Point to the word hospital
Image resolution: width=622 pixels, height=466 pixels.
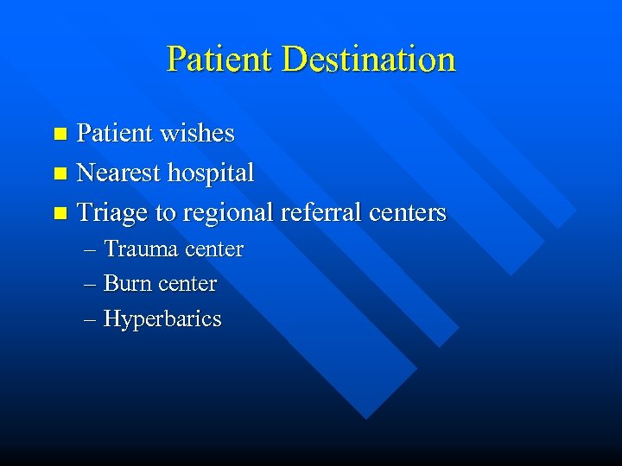(x=212, y=173)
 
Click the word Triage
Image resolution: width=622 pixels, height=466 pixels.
(x=112, y=212)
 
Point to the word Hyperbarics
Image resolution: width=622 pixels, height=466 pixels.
(x=162, y=319)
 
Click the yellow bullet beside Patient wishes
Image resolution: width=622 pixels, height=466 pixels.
(x=60, y=135)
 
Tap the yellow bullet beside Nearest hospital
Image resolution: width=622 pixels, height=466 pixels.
(x=60, y=174)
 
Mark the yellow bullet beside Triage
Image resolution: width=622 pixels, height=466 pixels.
(x=60, y=213)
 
